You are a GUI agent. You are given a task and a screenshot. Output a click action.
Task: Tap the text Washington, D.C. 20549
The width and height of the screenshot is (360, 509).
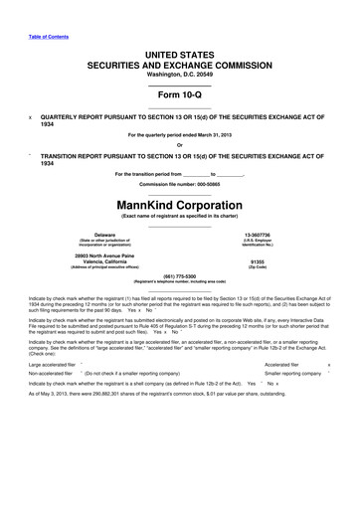(x=179, y=61)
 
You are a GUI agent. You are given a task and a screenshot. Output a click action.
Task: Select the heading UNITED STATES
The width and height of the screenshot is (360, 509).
(x=179, y=36)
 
